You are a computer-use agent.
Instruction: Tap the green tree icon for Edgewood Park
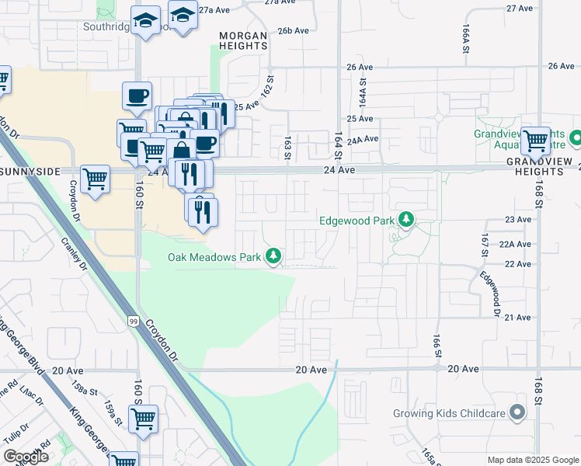[x=405, y=221]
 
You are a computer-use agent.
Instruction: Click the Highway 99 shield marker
[x=134, y=321]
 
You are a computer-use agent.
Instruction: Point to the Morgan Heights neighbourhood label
[x=243, y=41]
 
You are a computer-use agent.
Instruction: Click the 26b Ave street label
[x=294, y=31]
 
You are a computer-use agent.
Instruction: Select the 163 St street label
[x=287, y=147]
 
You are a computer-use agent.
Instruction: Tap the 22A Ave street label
[x=515, y=244]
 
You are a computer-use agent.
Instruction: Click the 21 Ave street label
[x=518, y=318]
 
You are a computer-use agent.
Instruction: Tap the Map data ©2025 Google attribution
[x=532, y=460]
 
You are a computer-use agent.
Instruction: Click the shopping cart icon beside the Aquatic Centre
[x=535, y=141]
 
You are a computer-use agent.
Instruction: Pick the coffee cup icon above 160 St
[x=137, y=96]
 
